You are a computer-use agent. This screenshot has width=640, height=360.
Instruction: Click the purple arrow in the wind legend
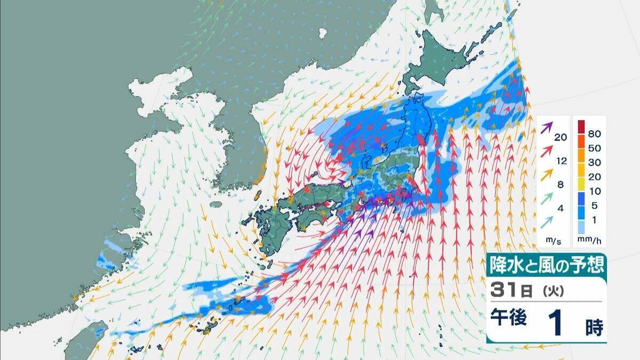pos(547,128)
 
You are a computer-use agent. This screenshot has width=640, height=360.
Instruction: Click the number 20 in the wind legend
pos(560,138)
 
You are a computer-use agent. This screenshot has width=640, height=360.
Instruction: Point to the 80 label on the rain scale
pos(594,129)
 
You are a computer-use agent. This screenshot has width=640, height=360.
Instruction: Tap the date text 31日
pos(510,291)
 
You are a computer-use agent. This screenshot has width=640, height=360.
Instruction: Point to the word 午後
pos(509,318)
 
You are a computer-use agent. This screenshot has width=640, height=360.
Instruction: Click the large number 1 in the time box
pos(557,324)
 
